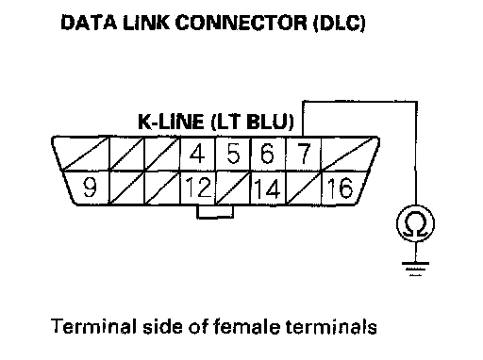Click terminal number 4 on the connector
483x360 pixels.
point(197,154)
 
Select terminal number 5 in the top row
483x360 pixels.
point(233,154)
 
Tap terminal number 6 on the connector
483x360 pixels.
point(267,154)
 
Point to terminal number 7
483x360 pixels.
point(304,154)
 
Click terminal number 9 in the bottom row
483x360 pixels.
point(90,188)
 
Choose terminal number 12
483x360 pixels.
point(198,188)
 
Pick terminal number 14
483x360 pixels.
point(267,188)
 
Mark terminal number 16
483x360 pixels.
point(340,188)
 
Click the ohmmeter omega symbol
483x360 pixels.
point(416,223)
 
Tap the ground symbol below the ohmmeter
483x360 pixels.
point(415,269)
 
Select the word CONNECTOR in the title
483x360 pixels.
point(241,23)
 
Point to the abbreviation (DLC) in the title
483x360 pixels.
point(340,24)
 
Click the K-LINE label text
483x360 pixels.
point(171,122)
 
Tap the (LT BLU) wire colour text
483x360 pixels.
point(252,122)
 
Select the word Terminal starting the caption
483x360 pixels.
point(93,326)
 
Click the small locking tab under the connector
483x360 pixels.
point(215,212)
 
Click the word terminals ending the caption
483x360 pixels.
point(331,327)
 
